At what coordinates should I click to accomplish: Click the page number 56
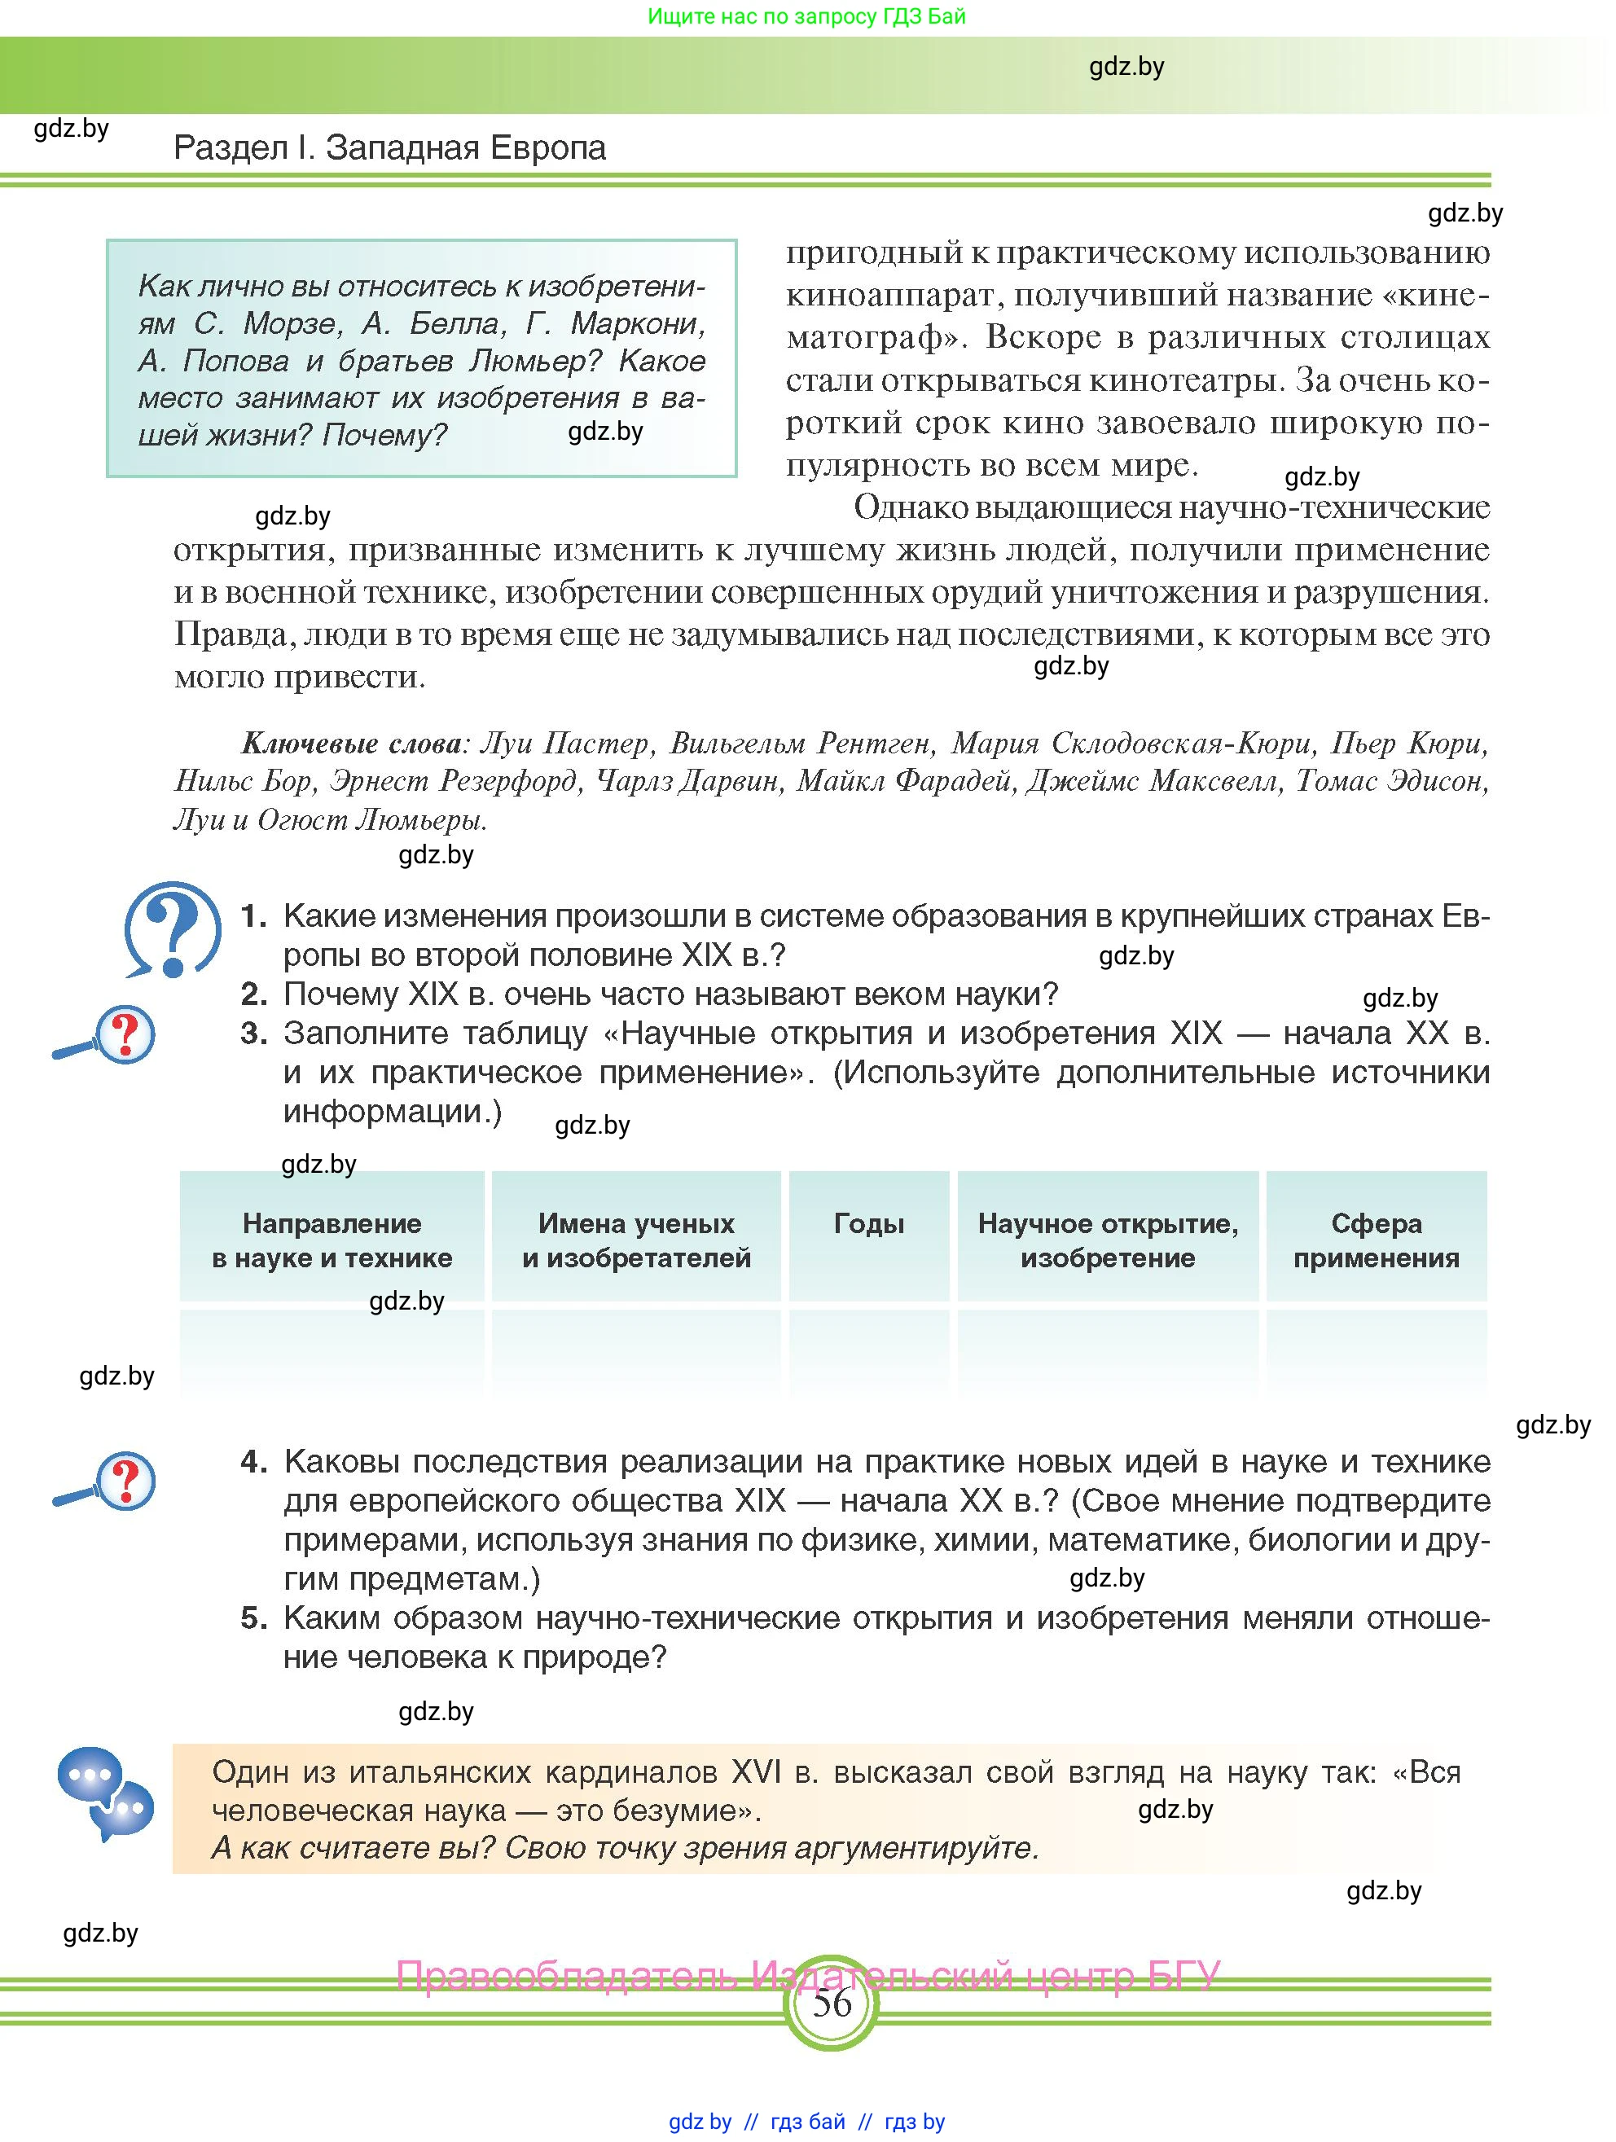pyautogui.click(x=831, y=2002)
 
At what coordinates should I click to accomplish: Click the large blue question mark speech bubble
pyautogui.click(x=173, y=928)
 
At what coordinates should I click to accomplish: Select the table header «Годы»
pyautogui.click(x=868, y=1224)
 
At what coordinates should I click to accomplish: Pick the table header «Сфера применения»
pyautogui.click(x=1376, y=1240)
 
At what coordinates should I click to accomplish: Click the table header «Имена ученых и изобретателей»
pyautogui.click(x=636, y=1240)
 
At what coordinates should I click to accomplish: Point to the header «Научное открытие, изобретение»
pyautogui.click(x=1108, y=1240)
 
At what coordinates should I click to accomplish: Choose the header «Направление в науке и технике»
pyautogui.click(x=332, y=1240)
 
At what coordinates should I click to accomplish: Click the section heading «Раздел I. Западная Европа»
pyautogui.click(x=389, y=148)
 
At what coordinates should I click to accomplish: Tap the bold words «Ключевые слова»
pyautogui.click(x=352, y=744)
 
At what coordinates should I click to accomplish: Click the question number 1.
pyautogui.click(x=253, y=916)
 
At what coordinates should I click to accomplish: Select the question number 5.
pyautogui.click(x=253, y=1618)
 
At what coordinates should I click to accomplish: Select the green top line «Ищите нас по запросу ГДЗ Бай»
pyautogui.click(x=806, y=16)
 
